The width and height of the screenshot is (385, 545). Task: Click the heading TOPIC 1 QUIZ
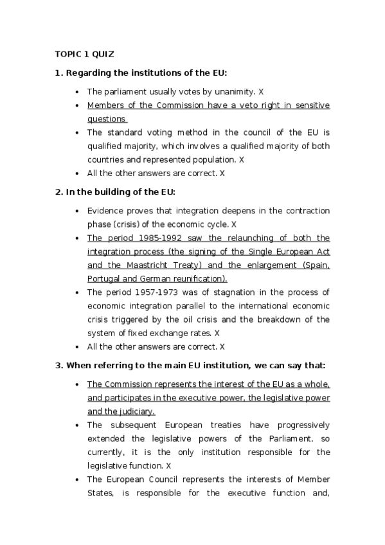(84, 54)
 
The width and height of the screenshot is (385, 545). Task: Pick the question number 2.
(58, 192)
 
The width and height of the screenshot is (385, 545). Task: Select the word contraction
(306, 211)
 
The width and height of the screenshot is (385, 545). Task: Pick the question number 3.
(58, 366)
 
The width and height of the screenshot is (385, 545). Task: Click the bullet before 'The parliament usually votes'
(77, 93)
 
